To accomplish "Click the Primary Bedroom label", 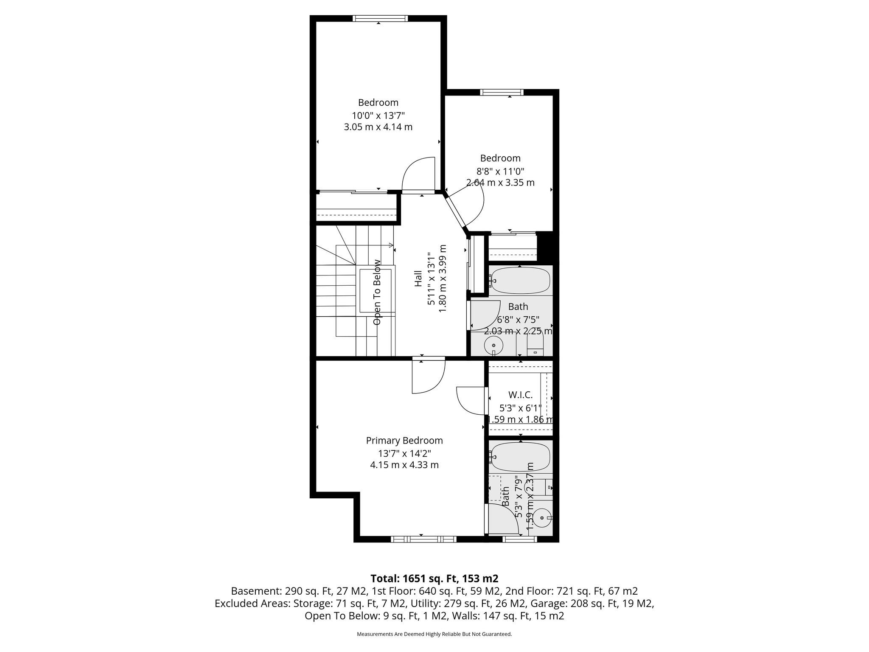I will (404, 441).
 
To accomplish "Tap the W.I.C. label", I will (520, 395).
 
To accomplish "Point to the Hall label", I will (418, 278).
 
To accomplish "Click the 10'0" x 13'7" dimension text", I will (378, 115).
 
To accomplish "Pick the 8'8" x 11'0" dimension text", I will (500, 171).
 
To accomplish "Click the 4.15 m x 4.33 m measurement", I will (404, 465).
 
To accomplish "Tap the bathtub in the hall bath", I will (520, 280).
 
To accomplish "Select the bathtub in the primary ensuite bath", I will (520, 456).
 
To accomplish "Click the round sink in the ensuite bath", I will (542, 518).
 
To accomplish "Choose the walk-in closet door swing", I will (470, 400).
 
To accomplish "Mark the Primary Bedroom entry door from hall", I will (429, 376).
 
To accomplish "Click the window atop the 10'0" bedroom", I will (380, 18).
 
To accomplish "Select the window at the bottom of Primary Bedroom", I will (423, 539).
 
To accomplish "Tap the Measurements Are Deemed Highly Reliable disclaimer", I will (434, 634).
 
